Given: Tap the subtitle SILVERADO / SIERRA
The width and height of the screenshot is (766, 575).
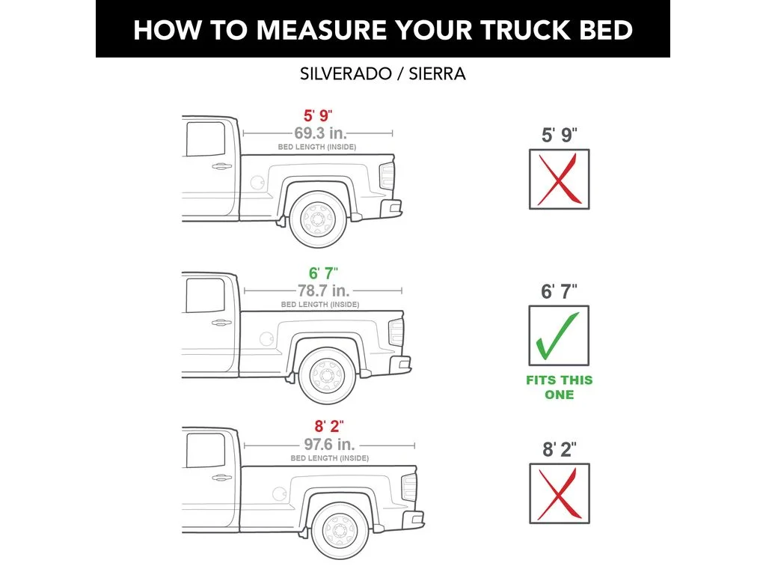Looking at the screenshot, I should (382, 74).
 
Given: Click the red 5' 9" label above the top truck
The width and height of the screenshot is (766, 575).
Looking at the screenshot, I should (317, 116).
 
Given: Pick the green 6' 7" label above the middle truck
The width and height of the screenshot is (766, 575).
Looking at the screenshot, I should (323, 274).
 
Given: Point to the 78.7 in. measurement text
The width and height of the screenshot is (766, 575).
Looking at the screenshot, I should (323, 291).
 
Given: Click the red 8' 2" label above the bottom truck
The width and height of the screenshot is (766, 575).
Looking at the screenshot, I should (328, 427).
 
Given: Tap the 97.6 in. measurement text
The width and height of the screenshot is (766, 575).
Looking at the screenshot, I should (328, 443).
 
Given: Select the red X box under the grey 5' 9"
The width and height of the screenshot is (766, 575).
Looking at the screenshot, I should (559, 180).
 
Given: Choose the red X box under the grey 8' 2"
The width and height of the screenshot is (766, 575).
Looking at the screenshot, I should (559, 493).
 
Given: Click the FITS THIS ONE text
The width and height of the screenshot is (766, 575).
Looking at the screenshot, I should (559, 387).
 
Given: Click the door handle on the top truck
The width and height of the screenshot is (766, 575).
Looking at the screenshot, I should (221, 166).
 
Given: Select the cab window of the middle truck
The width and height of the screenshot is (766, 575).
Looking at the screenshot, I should (204, 295).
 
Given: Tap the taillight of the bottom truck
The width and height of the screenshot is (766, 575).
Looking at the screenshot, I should (409, 488).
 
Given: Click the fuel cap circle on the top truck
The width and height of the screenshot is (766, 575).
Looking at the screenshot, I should (257, 182).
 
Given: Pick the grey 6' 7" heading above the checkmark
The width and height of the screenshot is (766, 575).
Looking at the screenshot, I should (559, 292).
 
